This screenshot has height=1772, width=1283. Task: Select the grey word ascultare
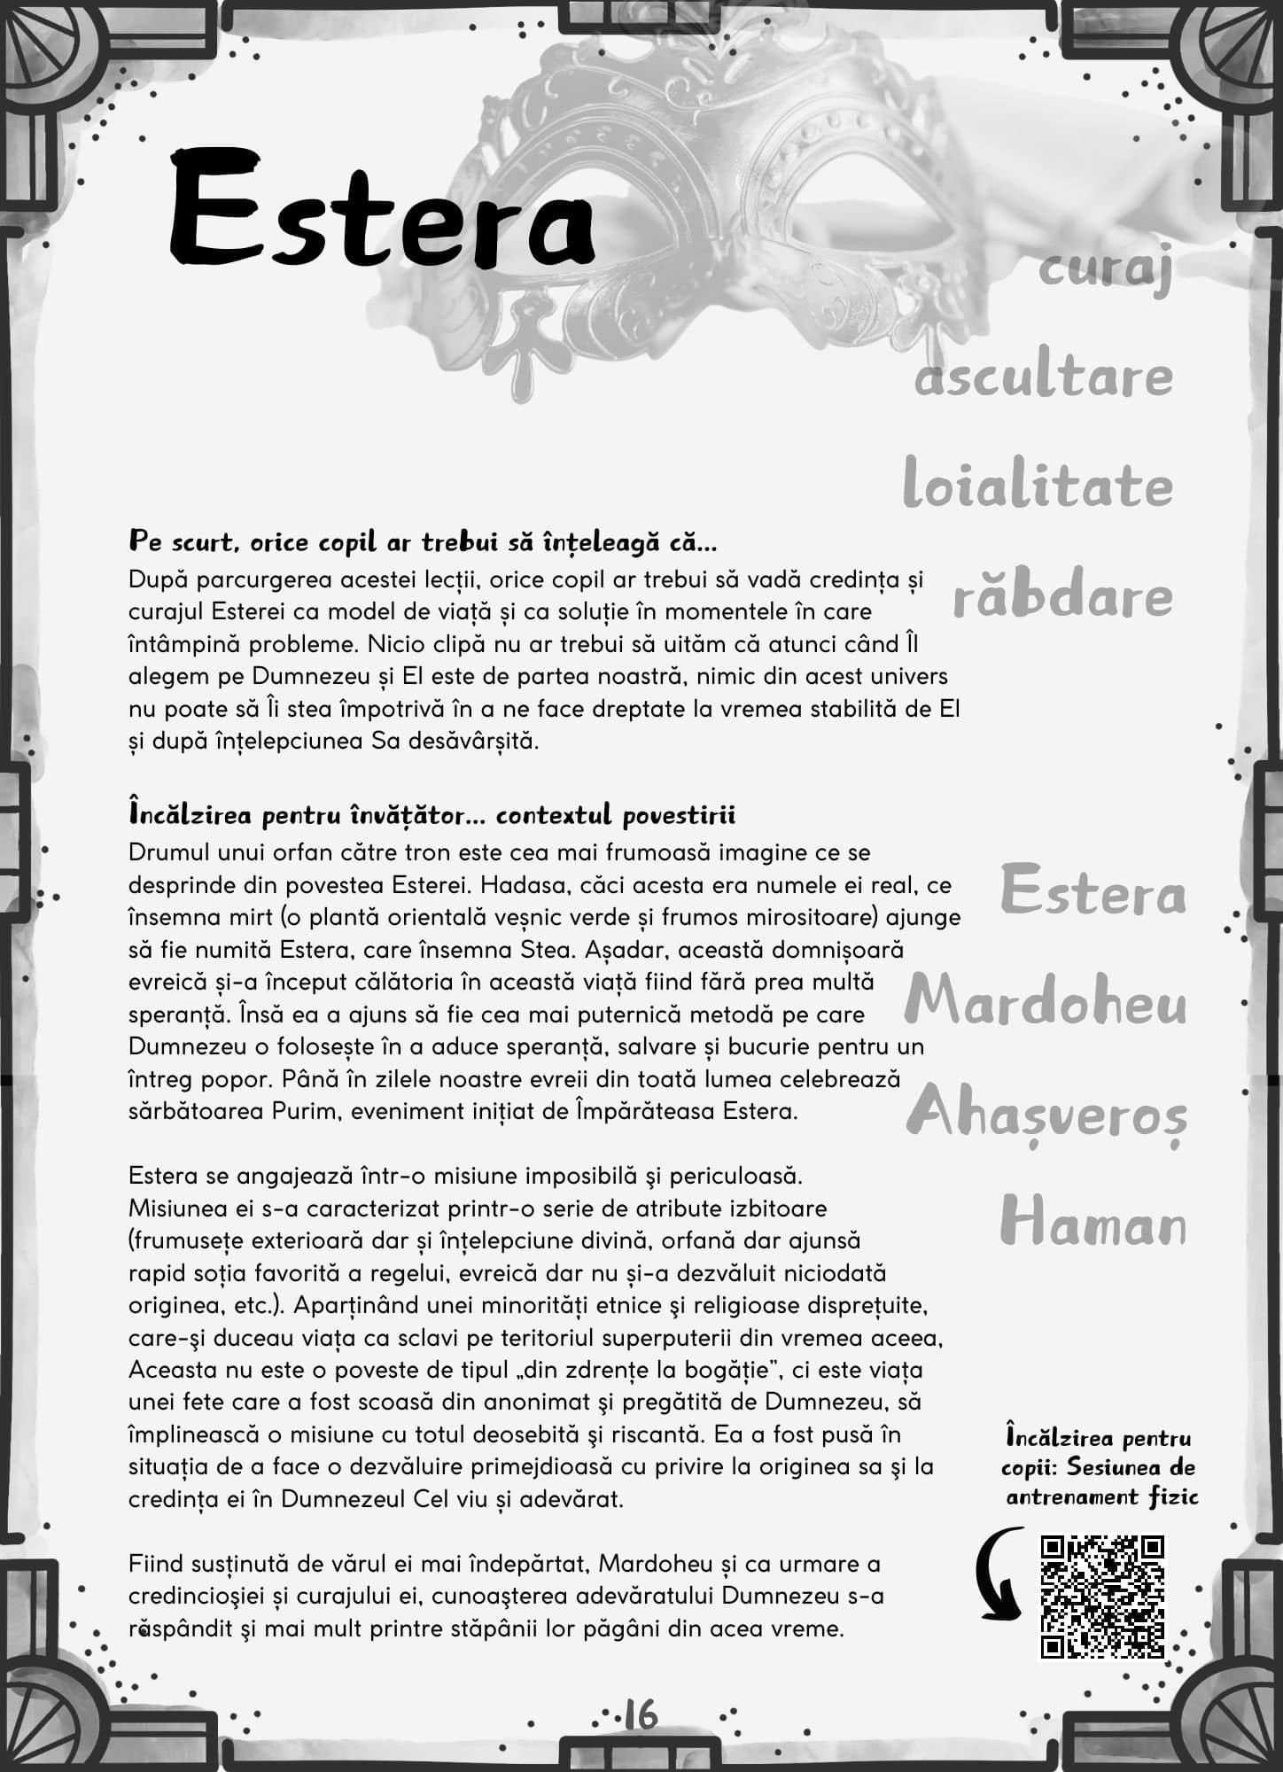(1044, 377)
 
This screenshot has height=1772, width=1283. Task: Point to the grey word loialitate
(1038, 486)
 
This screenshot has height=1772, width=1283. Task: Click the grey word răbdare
(1062, 595)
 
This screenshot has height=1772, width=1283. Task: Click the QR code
(1102, 1596)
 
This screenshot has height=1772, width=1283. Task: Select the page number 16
(641, 1714)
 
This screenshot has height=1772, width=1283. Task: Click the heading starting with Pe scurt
(423, 541)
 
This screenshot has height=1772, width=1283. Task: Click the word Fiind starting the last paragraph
(154, 1564)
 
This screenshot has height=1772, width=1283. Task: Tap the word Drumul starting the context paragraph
(169, 852)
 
